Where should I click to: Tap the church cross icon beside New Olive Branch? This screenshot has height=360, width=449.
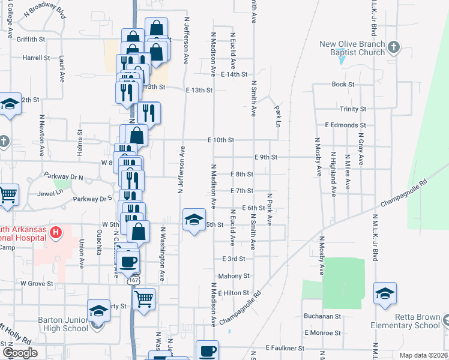393,46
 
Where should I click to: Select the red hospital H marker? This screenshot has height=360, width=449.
56,232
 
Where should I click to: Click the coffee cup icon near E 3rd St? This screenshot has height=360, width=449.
129,262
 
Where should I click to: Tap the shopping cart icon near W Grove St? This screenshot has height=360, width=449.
143,298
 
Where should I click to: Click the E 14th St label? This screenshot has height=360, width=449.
234,74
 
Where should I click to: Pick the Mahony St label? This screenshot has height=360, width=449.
234,276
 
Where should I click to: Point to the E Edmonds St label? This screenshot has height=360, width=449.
345,125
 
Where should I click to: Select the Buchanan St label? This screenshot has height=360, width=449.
322,316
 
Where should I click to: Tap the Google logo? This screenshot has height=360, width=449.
20,352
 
